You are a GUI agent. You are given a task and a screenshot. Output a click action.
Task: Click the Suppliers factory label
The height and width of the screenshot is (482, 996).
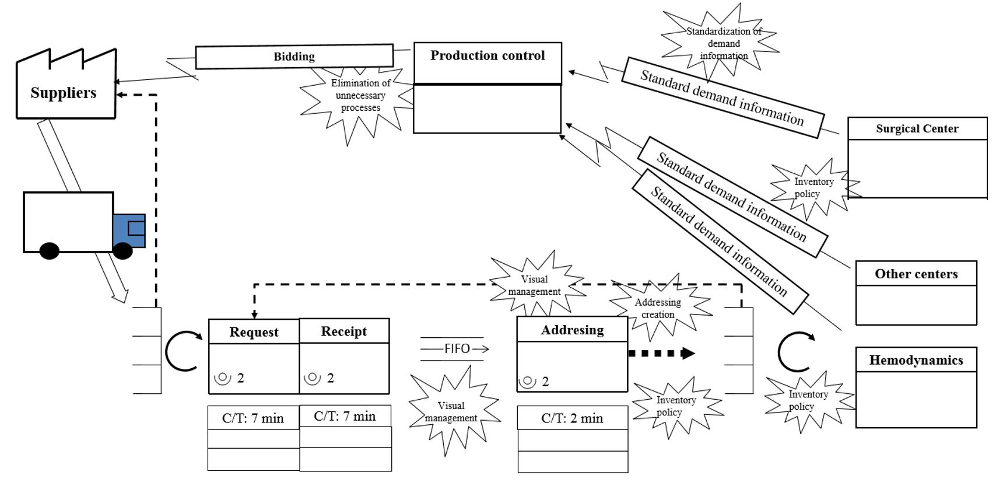coord(64,93)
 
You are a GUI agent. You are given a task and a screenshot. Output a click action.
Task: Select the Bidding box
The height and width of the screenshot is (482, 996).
coord(294,57)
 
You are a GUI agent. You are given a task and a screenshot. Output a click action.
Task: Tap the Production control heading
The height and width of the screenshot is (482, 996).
coord(488,56)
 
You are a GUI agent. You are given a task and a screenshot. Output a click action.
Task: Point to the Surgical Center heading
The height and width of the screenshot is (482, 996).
coord(917,128)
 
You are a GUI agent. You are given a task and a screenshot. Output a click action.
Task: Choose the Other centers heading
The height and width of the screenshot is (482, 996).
coord(916,274)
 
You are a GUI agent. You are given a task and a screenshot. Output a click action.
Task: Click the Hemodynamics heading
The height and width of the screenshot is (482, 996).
coord(916,360)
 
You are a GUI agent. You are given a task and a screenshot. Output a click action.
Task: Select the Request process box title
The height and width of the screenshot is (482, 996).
coord(254,332)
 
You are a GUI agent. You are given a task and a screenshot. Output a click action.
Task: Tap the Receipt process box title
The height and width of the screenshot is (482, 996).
coord(344,331)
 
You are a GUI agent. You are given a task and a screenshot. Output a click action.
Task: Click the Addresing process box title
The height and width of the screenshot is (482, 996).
coord(572,330)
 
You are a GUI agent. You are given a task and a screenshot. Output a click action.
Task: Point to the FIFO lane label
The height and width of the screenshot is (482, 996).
coord(457,349)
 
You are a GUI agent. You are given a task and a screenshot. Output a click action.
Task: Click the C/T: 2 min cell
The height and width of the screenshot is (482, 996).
coord(572,418)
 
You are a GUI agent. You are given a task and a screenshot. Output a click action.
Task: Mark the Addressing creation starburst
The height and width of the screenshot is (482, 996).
coord(658,308)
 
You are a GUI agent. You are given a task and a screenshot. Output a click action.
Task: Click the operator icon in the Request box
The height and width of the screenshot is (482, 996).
coord(223,378)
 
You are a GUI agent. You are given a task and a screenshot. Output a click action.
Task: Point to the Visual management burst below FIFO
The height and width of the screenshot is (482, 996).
coord(451,412)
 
